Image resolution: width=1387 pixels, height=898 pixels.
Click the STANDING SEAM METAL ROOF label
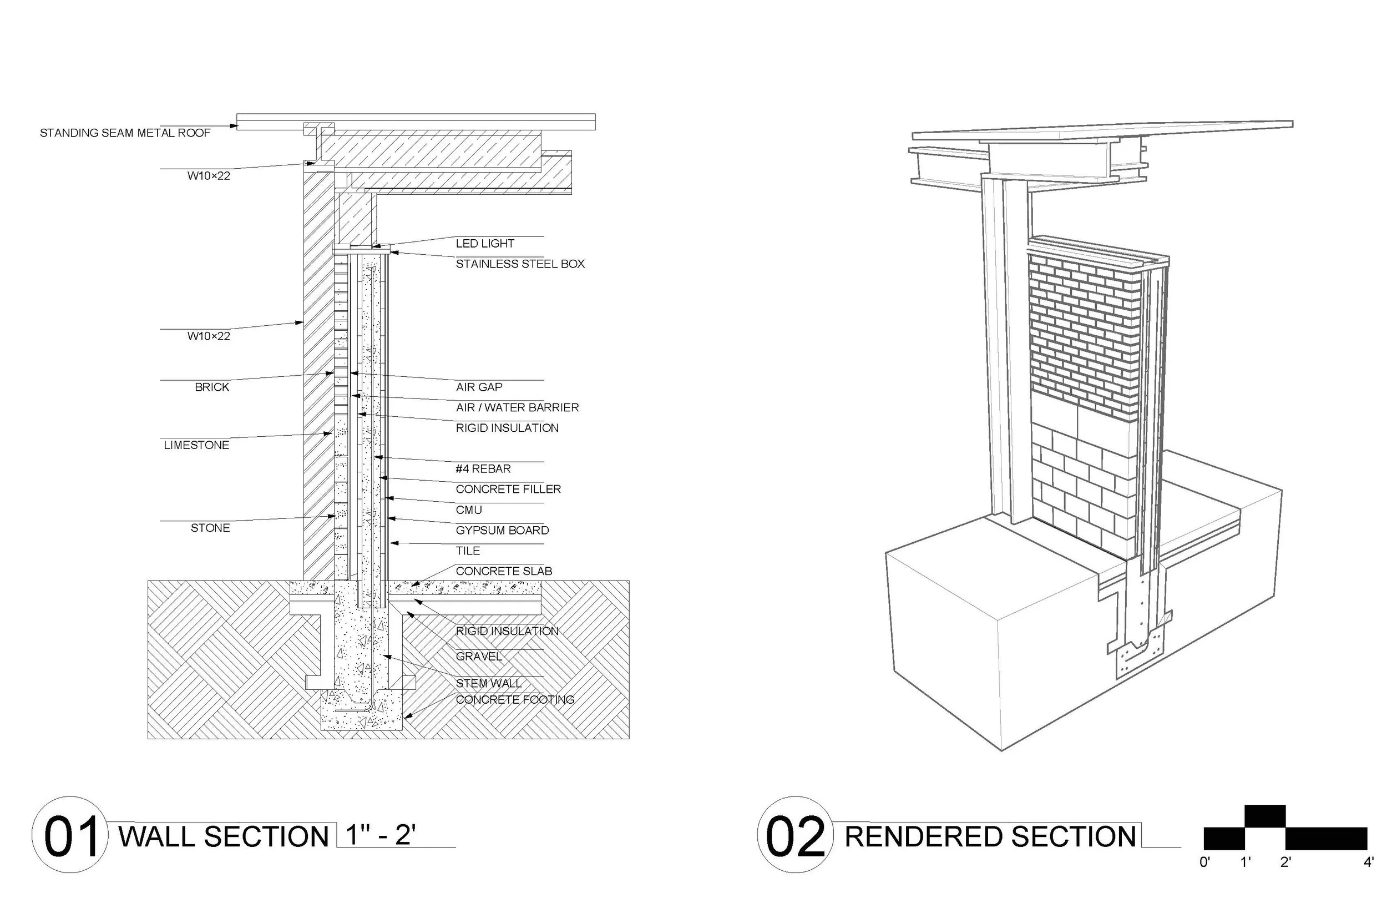[125, 133]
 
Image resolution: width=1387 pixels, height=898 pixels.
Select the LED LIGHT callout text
[485, 244]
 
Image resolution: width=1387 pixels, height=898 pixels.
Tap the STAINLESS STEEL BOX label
[520, 264]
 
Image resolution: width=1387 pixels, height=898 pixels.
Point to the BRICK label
[211, 387]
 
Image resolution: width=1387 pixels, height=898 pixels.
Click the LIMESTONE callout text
[196, 446]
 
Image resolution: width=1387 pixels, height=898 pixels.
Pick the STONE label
[210, 528]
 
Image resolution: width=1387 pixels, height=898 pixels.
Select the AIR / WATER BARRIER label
[517, 407]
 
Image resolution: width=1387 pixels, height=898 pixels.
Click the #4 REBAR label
[483, 469]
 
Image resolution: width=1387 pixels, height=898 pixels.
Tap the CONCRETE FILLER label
[508, 489]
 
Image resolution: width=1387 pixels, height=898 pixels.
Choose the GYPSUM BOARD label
[502, 531]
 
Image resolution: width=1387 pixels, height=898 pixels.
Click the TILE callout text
[467, 551]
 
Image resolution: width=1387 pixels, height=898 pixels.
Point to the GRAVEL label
[478, 657]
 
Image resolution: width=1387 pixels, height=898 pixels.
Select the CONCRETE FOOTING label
[515, 700]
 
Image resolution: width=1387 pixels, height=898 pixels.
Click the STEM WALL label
[488, 683]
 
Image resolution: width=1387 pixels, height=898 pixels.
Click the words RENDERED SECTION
[990, 837]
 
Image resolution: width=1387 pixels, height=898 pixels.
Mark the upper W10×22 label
[209, 176]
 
